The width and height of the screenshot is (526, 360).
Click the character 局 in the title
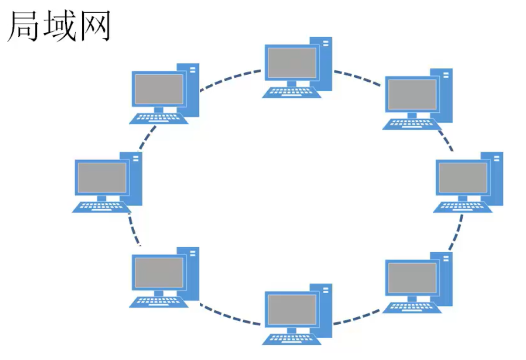pyautogui.click(x=24, y=26)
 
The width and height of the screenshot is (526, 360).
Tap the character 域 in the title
pyautogui.click(x=59, y=26)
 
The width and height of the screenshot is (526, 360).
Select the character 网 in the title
pyautogui.click(x=94, y=26)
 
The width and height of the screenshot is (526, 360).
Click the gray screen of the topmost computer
pyautogui.click(x=292, y=62)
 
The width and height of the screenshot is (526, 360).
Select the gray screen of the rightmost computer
pyautogui.click(x=463, y=178)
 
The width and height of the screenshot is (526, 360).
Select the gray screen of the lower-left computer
pyautogui.click(x=158, y=272)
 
